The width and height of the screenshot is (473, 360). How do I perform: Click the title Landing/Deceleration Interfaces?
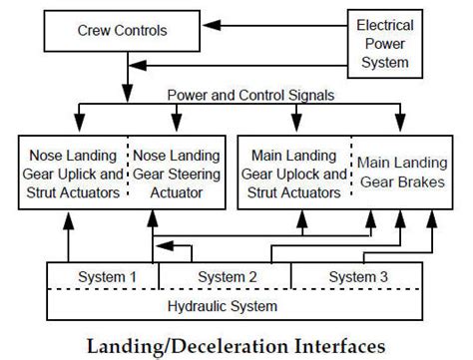(236, 345)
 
